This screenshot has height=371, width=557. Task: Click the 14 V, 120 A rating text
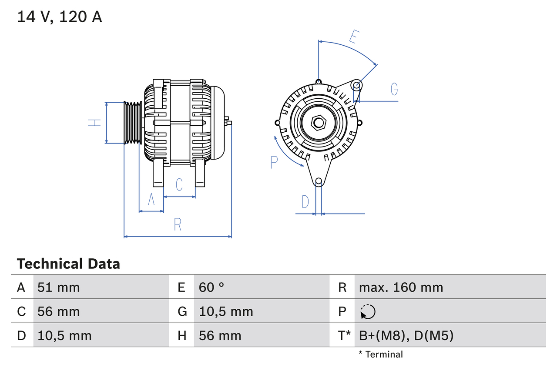60,17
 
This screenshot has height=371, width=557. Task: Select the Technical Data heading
68,264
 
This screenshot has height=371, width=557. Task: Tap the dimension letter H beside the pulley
94,123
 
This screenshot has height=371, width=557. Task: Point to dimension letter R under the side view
178,225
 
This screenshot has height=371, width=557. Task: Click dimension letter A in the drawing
151,199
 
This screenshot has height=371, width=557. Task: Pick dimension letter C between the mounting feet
179,184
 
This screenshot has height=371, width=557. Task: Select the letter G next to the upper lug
394,89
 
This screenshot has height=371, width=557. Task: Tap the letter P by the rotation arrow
274,162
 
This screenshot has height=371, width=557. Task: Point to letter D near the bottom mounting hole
305,202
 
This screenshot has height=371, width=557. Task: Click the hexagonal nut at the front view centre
319,123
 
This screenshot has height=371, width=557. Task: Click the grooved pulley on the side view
133,123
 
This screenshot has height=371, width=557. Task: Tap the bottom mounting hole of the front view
319,181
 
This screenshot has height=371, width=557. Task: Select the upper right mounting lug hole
356,85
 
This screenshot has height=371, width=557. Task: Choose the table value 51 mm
59,287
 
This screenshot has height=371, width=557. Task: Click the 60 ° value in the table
212,287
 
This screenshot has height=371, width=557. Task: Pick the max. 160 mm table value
401,287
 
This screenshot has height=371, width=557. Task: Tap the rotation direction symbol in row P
368,311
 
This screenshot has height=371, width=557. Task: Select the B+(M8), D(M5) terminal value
406,335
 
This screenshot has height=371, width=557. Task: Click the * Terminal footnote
381,354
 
